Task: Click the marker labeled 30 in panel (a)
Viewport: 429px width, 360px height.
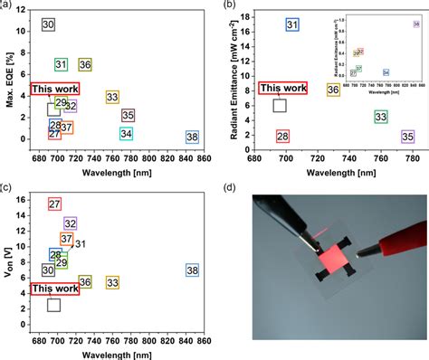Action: point(50,24)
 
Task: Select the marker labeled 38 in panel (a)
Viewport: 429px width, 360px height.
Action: point(192,137)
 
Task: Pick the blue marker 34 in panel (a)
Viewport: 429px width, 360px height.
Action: point(127,134)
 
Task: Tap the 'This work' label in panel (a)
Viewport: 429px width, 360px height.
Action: point(54,89)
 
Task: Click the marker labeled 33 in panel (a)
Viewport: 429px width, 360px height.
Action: point(113,97)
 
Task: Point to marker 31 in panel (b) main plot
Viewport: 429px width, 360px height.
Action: point(292,24)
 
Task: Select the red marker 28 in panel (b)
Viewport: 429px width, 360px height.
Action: point(283,137)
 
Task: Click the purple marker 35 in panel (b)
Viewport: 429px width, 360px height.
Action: point(407,137)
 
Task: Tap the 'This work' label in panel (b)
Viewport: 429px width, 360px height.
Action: point(283,89)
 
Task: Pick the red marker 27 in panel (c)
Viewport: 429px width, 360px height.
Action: point(54,204)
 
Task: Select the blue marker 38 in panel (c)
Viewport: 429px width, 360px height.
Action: point(192,270)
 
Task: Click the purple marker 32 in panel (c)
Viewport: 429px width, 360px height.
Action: point(71,223)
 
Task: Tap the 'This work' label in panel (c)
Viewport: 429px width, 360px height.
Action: point(54,289)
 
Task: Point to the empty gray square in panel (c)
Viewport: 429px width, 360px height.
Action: point(54,305)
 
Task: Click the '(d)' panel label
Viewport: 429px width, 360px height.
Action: point(233,189)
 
